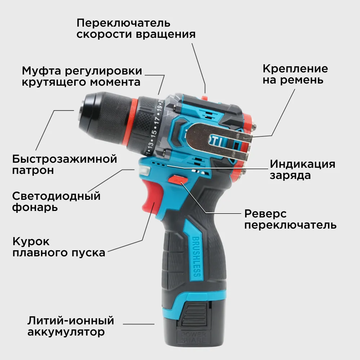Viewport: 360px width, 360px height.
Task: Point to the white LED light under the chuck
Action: click(x=143, y=170)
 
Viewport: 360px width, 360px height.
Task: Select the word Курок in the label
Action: click(x=31, y=241)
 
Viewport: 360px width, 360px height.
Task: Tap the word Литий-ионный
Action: click(x=71, y=320)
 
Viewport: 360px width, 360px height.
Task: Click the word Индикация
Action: click(x=302, y=164)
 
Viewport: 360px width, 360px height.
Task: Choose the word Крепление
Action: click(x=295, y=68)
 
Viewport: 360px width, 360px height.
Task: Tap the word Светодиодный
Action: click(x=56, y=196)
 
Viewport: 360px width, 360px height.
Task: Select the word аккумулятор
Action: click(x=66, y=332)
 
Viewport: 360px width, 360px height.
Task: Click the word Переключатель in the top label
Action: click(x=123, y=23)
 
